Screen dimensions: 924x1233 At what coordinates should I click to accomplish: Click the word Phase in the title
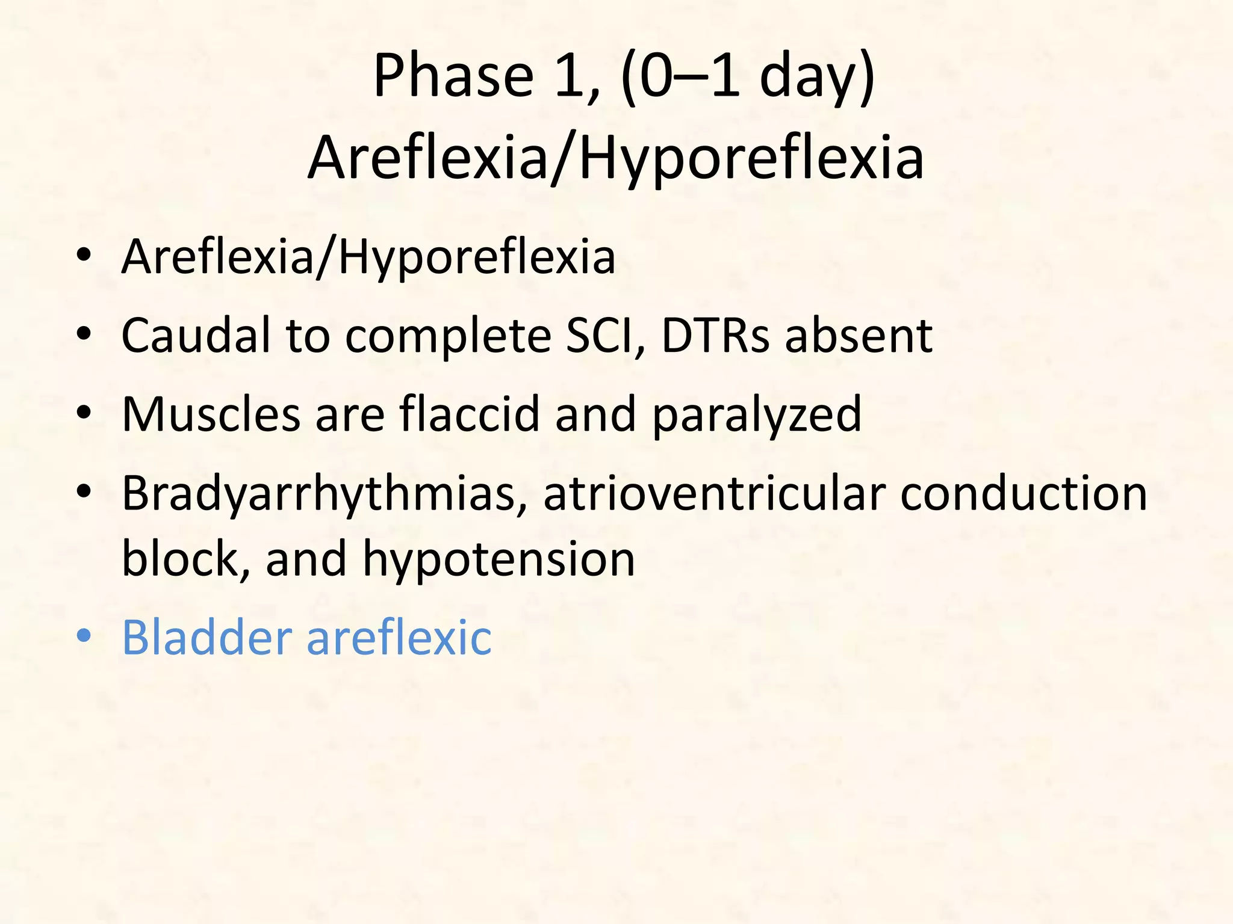point(453,76)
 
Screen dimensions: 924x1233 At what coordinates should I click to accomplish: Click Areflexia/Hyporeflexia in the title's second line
point(615,158)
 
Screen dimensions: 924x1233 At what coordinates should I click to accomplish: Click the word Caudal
point(196,335)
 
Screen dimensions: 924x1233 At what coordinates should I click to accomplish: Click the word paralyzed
point(757,415)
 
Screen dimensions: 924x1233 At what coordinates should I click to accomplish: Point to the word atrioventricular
point(714,493)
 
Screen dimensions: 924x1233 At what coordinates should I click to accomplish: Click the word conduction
point(1023,493)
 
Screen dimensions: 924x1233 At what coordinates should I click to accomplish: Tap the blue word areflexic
point(399,637)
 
